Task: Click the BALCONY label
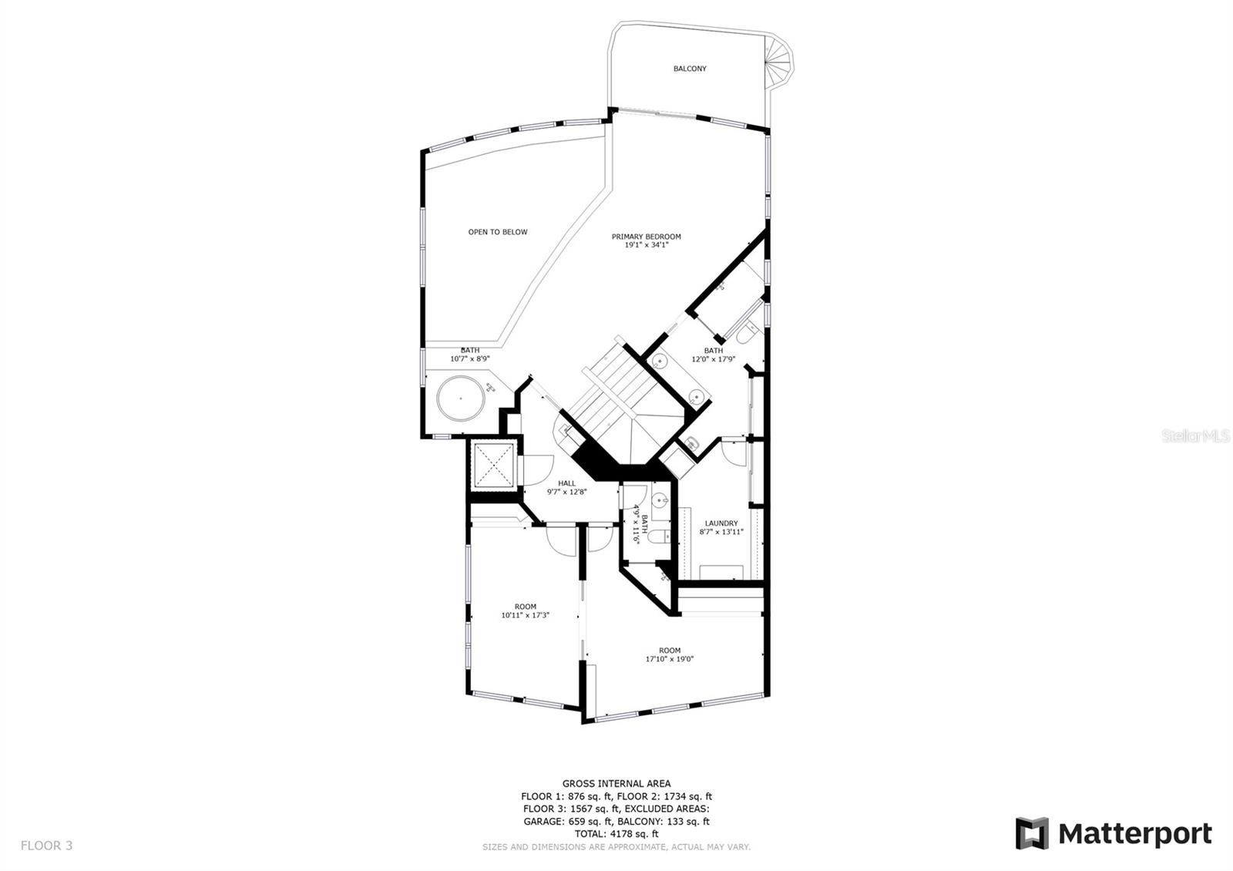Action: pyautogui.click(x=690, y=69)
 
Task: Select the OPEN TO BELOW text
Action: pyautogui.click(x=498, y=232)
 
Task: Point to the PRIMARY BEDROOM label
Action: pyautogui.click(x=646, y=237)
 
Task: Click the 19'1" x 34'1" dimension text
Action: pyautogui.click(x=646, y=245)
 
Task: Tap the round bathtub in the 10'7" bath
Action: pyautogui.click(x=461, y=398)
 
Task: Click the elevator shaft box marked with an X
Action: pyautogui.click(x=493, y=465)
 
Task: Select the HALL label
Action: pyautogui.click(x=566, y=483)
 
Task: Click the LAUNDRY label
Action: pyautogui.click(x=721, y=523)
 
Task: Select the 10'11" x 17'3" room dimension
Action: pyautogui.click(x=525, y=615)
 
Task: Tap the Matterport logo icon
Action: pyautogui.click(x=1032, y=833)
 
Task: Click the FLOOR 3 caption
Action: pyautogui.click(x=46, y=846)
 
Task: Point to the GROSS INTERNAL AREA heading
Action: pyautogui.click(x=616, y=784)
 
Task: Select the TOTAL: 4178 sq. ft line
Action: pyautogui.click(x=616, y=833)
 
